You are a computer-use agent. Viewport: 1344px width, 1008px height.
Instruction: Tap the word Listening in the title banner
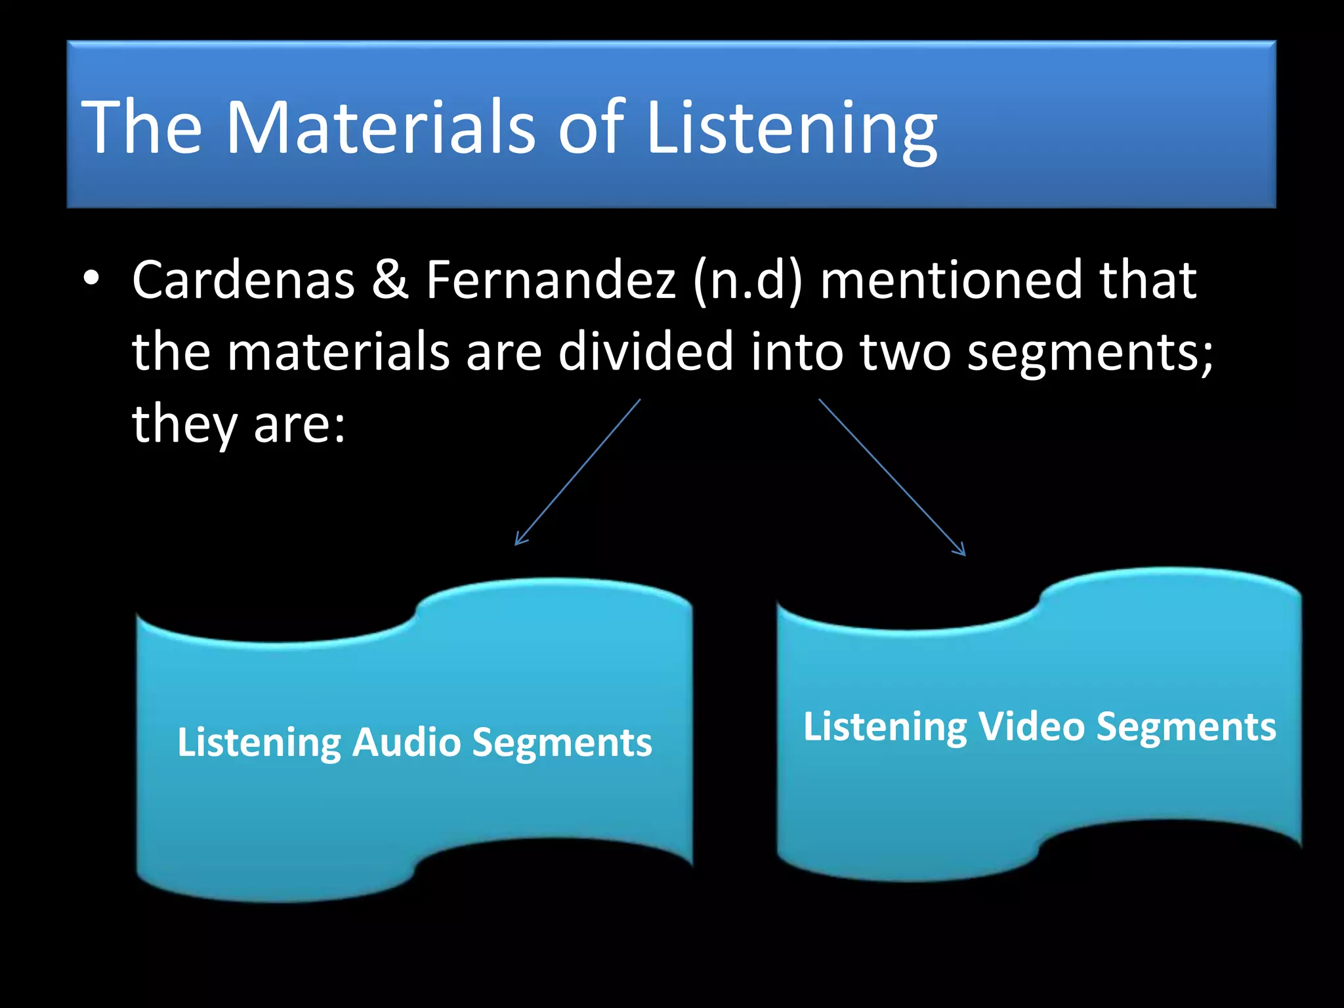point(791,129)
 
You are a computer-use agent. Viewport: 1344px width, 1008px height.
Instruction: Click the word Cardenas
point(243,280)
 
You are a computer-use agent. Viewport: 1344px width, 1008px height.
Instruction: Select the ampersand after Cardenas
point(390,280)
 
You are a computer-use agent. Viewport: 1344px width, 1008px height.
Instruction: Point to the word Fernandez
point(551,280)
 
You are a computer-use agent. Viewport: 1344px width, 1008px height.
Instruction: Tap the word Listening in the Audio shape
point(259,744)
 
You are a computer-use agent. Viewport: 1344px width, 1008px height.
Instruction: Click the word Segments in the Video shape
point(1186,728)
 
